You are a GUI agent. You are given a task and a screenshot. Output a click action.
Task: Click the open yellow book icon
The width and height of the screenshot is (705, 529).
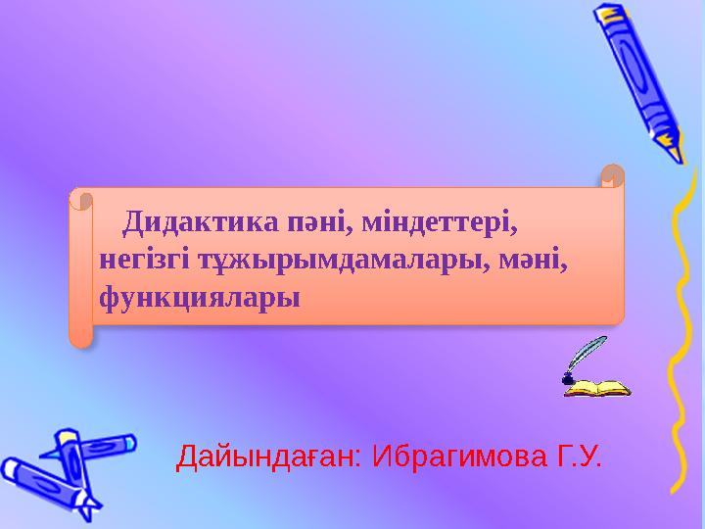coord(597,389)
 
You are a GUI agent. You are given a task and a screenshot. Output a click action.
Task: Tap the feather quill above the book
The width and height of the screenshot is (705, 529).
coord(588,353)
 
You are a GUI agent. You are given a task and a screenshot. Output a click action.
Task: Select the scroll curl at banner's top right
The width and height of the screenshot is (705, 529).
coord(611,177)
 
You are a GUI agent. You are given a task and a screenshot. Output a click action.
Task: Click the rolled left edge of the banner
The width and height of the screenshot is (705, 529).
coord(80,269)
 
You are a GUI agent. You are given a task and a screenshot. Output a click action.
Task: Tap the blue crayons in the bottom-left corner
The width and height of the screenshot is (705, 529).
coord(59,470)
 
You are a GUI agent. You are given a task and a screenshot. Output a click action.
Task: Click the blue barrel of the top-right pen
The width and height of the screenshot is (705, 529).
coord(641,78)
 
